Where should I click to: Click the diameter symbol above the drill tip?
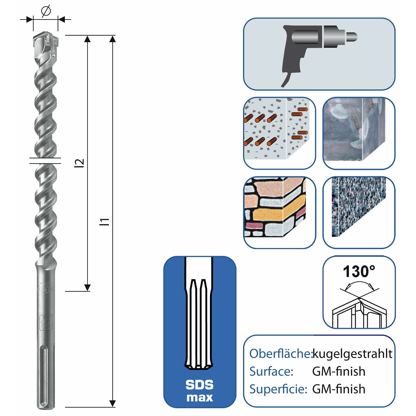pos(46,11)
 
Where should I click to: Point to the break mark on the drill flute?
pos(45,160)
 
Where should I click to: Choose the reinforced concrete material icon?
pos(279,133)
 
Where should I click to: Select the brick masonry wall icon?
pos(279,213)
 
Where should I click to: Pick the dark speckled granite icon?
pos(359,213)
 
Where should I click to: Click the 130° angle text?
pos(359,271)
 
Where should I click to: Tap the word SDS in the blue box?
pos(199,385)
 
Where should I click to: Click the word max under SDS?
pos(199,397)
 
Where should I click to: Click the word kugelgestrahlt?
pos(352,354)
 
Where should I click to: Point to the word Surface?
pos(271,371)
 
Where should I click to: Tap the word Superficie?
pos(278,389)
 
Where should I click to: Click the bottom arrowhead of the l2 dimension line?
pos(88,287)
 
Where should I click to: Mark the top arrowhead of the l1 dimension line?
pos(112,38)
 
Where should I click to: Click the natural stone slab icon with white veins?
pos(359,133)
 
